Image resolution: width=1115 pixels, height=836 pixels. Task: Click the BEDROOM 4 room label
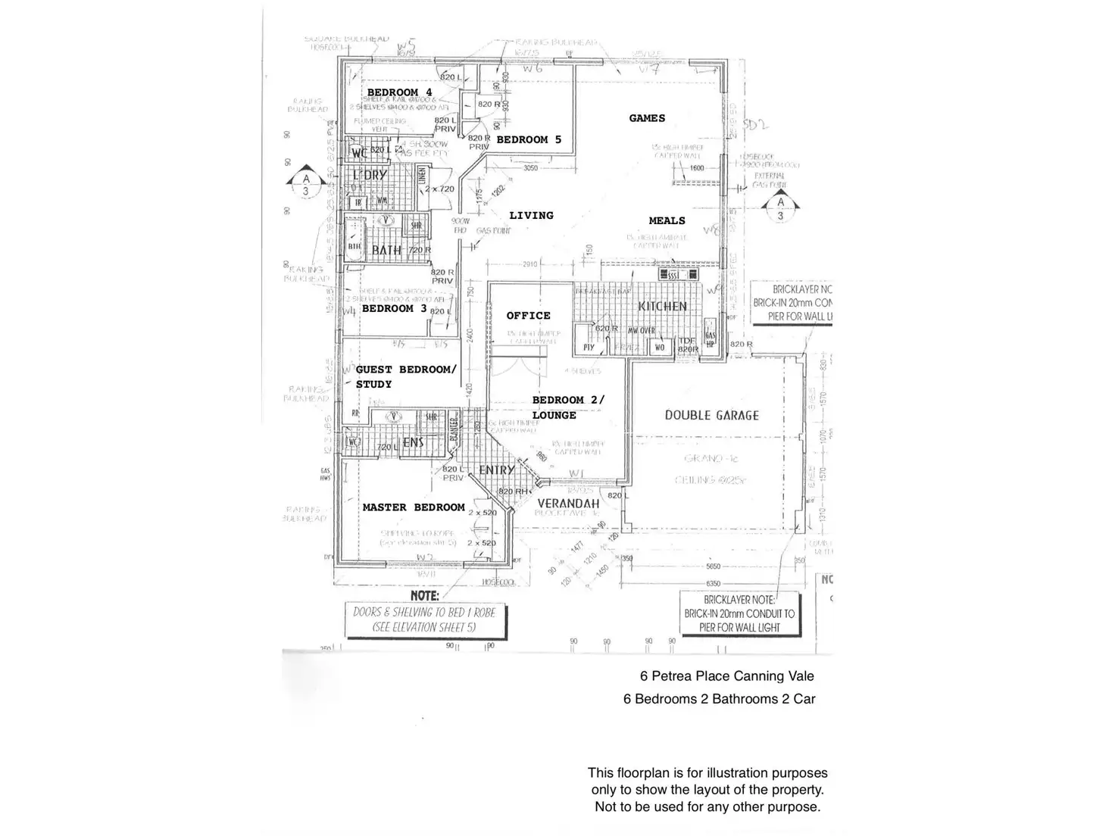pos(399,92)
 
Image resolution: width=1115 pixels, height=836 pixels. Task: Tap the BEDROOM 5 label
pos(529,139)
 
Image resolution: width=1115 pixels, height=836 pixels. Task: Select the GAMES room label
pos(647,118)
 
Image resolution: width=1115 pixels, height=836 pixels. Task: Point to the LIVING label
pos(531,216)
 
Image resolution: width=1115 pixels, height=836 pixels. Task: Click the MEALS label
pos(667,221)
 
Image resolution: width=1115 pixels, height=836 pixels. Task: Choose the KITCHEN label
pos(662,307)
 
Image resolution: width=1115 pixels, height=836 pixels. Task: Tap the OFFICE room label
pos(528,316)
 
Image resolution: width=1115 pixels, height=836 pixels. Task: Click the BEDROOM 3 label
pos(394,309)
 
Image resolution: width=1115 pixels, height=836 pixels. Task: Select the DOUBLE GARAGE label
pos(711,415)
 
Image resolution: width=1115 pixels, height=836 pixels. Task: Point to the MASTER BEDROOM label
pos(414,507)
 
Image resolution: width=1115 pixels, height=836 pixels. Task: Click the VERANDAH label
pos(568,504)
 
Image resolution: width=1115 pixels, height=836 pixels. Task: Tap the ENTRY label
pos(497,470)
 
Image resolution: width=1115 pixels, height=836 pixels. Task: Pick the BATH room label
pos(386,250)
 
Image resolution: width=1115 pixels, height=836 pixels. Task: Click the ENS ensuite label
pos(413,442)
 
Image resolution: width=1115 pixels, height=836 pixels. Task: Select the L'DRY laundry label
pos(370,175)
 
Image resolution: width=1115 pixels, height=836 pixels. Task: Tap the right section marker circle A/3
pos(780,209)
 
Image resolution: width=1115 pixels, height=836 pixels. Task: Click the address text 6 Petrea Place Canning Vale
pos(726,676)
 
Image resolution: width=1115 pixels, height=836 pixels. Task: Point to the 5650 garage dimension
pos(713,566)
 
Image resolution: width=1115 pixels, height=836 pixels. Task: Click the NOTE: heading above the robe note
pos(424,596)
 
